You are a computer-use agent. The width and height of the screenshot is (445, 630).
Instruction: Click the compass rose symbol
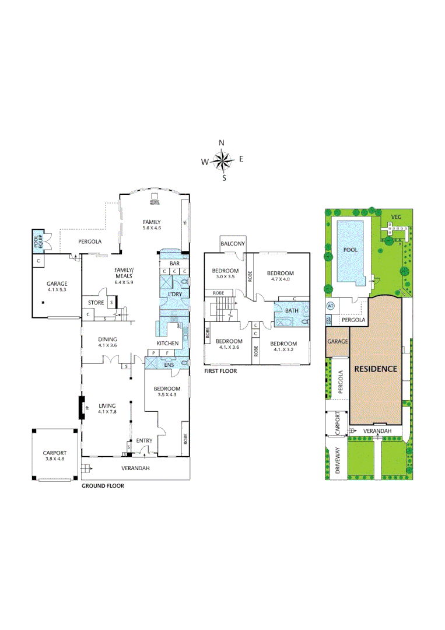pyautogui.click(x=222, y=160)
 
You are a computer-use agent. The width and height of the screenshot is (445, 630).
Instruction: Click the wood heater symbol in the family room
pyautogui.click(x=155, y=199)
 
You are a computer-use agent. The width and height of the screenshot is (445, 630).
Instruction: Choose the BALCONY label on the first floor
pyautogui.click(x=233, y=244)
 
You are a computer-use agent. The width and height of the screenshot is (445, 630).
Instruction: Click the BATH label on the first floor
pyautogui.click(x=292, y=310)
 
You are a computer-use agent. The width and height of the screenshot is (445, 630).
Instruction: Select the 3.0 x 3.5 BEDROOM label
pyautogui.click(x=225, y=274)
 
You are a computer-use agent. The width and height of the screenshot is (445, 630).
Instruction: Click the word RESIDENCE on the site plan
pyautogui.click(x=376, y=369)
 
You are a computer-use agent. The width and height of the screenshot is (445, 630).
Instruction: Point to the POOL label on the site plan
pyautogui.click(x=351, y=249)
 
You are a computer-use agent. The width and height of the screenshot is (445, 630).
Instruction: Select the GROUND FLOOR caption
pyautogui.click(x=103, y=485)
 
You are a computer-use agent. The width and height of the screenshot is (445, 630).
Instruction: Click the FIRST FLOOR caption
pyautogui.click(x=220, y=370)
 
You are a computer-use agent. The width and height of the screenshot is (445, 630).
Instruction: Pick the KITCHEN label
pyautogui.click(x=167, y=344)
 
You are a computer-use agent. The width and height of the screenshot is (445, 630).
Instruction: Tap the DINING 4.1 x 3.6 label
pyautogui.click(x=107, y=342)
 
